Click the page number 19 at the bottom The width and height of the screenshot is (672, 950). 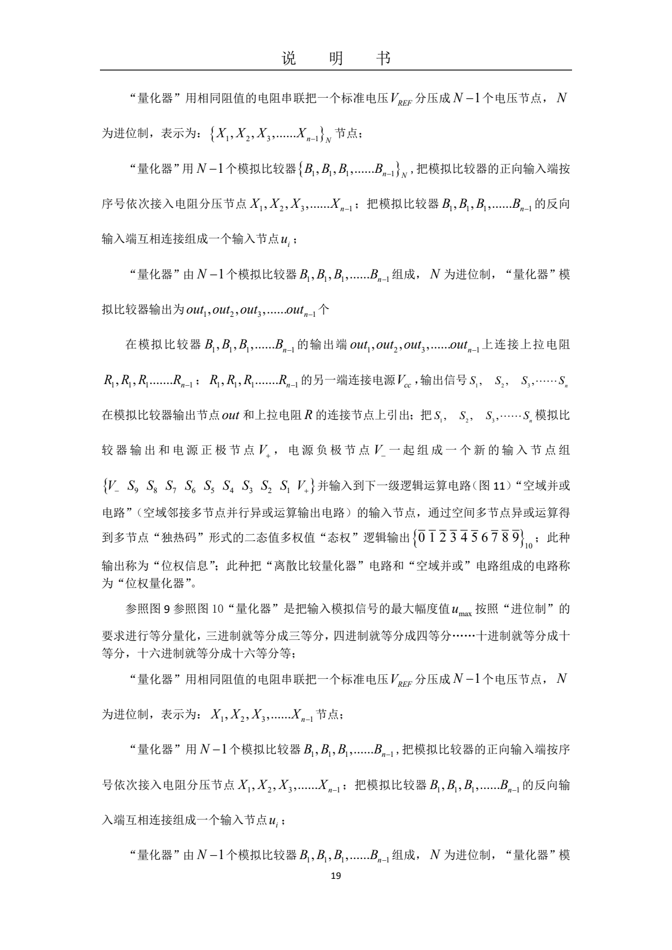335,876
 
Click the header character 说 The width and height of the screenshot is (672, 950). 288,58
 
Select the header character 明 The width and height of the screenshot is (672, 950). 335,58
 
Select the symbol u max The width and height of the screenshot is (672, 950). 462,609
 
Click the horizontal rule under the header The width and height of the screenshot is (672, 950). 335,71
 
